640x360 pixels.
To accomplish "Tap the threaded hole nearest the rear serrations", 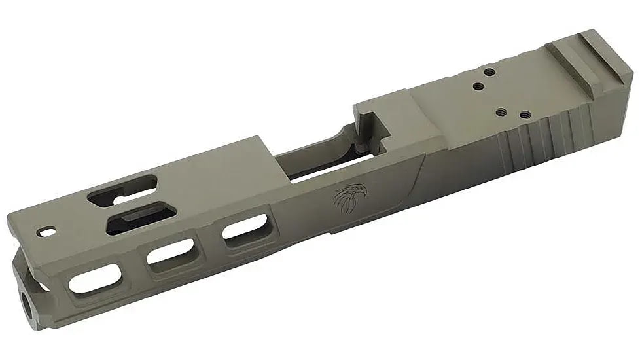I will (523, 116).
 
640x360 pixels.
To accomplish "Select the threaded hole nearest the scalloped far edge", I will (488, 74).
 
